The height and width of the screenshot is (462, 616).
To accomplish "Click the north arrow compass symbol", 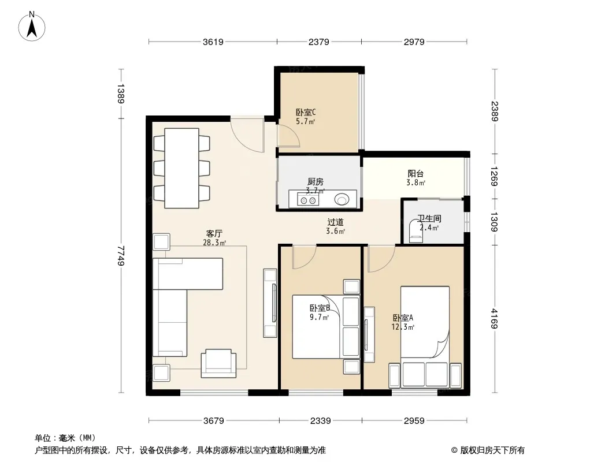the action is click(32, 27).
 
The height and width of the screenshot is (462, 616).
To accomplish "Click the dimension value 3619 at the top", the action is click(213, 42).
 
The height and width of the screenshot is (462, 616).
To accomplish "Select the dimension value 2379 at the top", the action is click(318, 42).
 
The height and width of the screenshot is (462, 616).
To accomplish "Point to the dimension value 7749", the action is click(121, 255).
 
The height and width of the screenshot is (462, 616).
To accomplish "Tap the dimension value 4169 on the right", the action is click(494, 319).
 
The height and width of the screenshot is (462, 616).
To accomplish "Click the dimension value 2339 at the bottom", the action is click(320, 421).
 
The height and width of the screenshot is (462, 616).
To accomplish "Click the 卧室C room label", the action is click(306, 113).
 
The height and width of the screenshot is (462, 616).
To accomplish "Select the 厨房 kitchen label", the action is click(316, 182).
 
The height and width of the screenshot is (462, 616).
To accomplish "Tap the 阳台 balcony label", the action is click(415, 173).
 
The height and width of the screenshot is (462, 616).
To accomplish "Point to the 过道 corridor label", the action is click(336, 222).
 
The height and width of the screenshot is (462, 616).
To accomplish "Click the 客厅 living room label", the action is click(214, 234).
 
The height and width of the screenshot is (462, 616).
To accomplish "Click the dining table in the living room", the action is click(181, 168).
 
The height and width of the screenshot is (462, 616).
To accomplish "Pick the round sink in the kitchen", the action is click(342, 199).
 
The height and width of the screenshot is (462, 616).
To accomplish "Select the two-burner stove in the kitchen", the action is click(308, 200).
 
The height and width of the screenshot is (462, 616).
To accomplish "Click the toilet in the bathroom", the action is click(416, 232).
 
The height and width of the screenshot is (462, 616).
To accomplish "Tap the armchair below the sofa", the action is click(219, 363).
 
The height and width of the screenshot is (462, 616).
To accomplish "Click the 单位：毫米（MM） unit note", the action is click(65, 438).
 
